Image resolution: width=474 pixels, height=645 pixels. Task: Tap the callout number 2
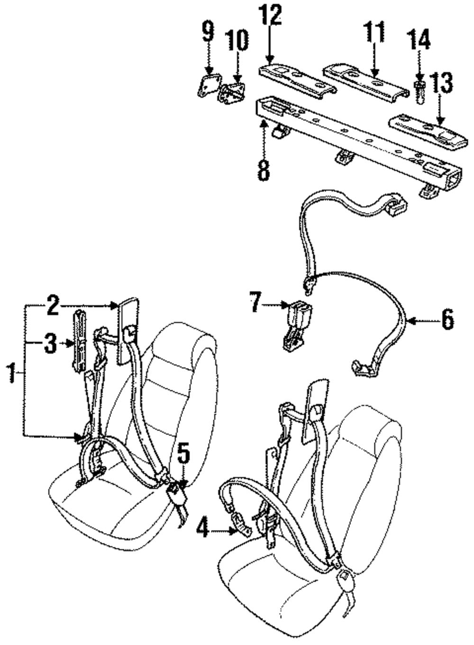click(x=53, y=306)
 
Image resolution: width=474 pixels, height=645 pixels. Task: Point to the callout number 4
click(x=202, y=528)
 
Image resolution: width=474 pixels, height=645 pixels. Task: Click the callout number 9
click(x=208, y=32)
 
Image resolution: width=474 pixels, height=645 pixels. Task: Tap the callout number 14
click(x=419, y=40)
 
